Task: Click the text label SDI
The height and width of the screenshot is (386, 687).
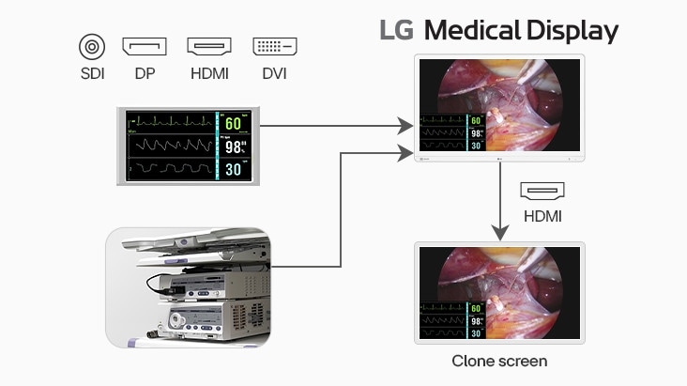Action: [91, 73]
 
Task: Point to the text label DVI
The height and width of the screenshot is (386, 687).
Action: [274, 73]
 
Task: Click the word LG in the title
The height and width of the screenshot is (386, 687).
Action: [397, 31]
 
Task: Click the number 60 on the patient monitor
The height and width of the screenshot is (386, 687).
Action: [233, 124]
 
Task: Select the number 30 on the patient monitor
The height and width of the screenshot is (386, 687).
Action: [233, 169]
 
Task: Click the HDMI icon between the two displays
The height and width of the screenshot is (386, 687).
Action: [542, 193]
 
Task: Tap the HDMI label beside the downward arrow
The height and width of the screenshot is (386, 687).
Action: [542, 216]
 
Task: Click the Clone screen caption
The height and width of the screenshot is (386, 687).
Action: [499, 361]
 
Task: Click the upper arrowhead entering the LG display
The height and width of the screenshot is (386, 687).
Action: [406, 125]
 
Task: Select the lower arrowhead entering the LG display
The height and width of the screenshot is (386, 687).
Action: [406, 150]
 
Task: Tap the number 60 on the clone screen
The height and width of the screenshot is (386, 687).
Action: [477, 308]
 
